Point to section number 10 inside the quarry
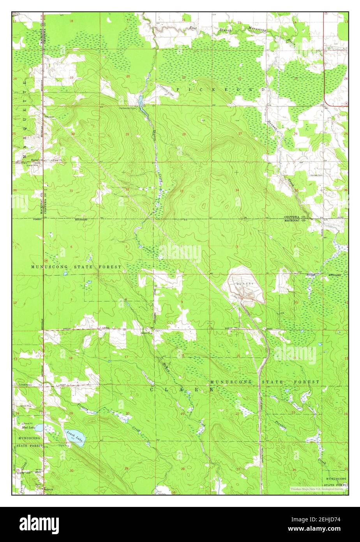click(240, 297)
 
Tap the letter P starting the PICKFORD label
click(179, 90)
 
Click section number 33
click(182, 191)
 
